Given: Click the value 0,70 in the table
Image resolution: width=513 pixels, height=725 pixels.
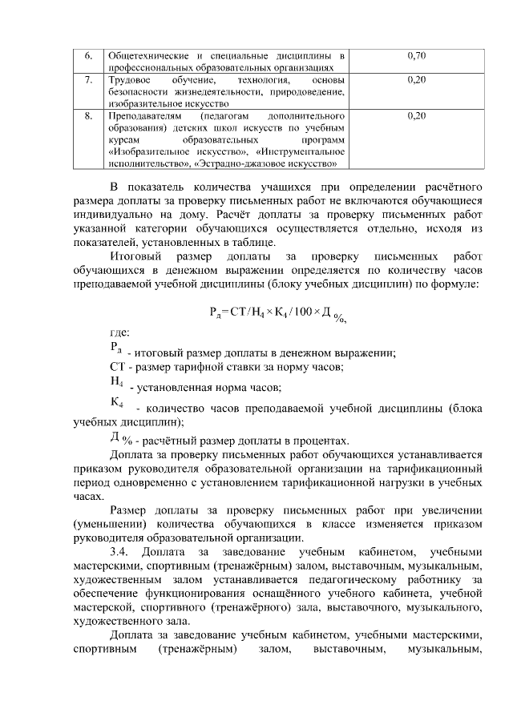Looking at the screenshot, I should coord(416,55).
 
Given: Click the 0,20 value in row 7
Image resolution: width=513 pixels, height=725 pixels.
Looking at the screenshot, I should coord(416,80).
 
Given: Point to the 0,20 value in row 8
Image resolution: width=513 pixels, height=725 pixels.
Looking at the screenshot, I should coord(416,116).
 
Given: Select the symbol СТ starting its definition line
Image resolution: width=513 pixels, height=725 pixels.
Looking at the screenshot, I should coord(117,368).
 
